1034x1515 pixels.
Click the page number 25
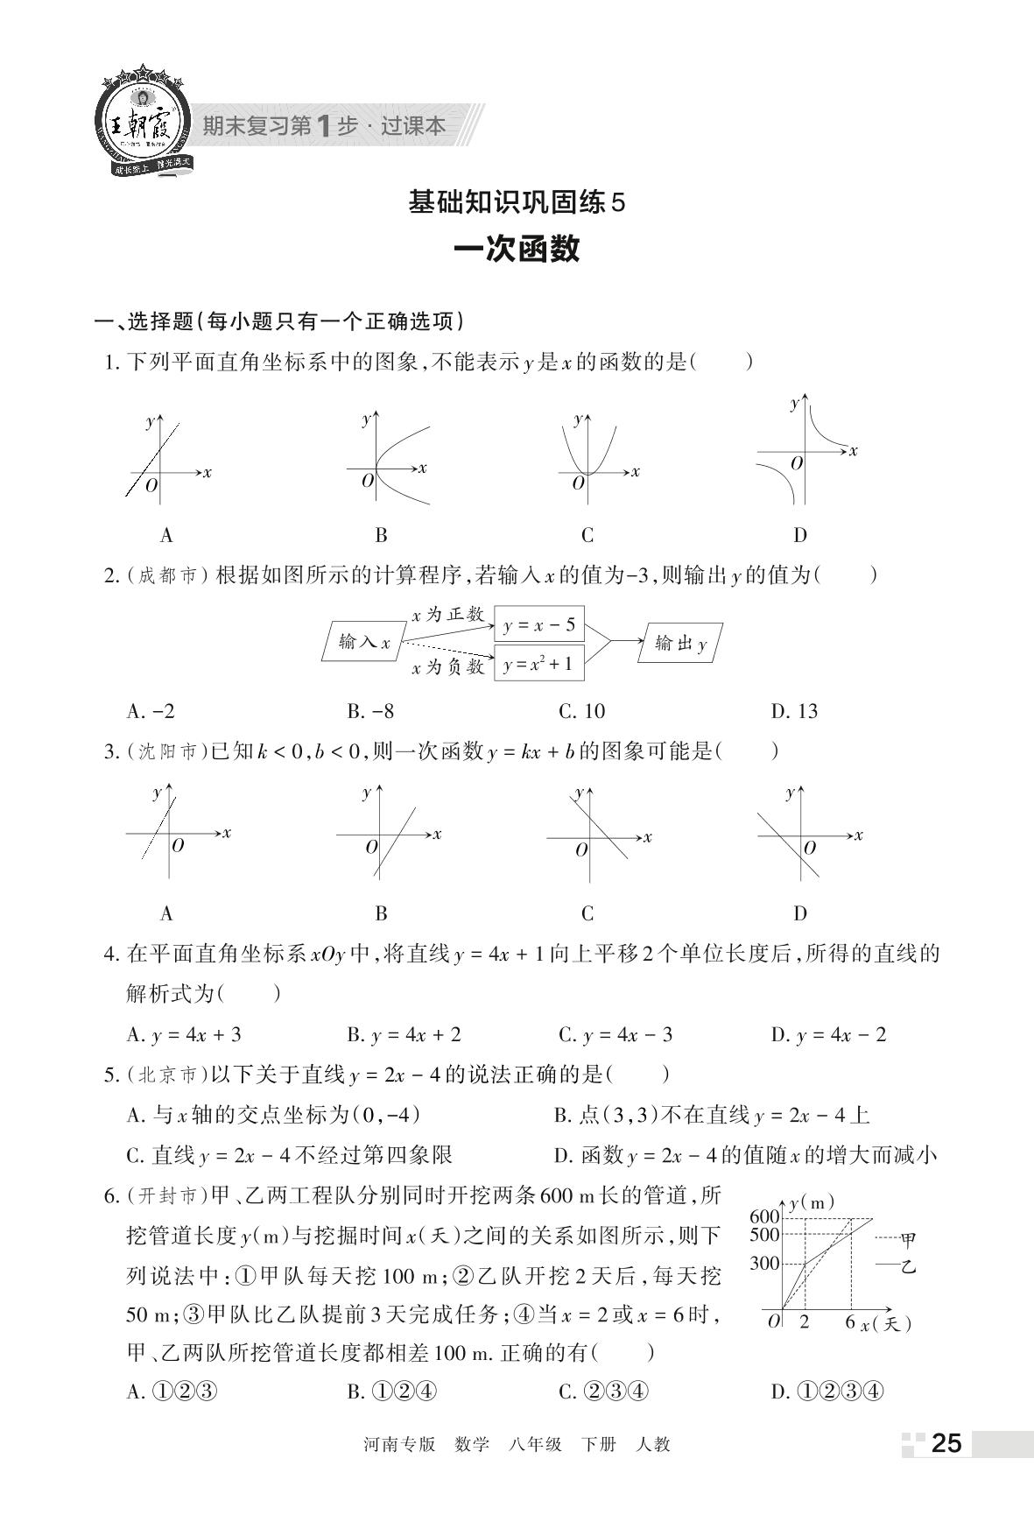(946, 1443)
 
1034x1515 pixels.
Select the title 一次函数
(517, 250)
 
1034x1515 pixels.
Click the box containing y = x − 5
(539, 624)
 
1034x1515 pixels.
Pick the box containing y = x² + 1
(539, 665)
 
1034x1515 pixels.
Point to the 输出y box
(680, 644)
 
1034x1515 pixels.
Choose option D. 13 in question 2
(794, 711)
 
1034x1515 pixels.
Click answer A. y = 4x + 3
(184, 1034)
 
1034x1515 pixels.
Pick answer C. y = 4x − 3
(615, 1034)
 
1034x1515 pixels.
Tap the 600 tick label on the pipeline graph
(764, 1216)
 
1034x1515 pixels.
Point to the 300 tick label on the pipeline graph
(764, 1263)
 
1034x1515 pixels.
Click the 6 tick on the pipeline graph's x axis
(849, 1321)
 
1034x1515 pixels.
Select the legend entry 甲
(908, 1239)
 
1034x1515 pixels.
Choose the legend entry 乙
(908, 1265)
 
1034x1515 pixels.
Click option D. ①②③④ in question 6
(827, 1392)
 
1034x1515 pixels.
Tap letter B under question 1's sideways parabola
(381, 535)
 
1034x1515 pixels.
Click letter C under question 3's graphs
(587, 913)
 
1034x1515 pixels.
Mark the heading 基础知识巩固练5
(517, 203)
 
